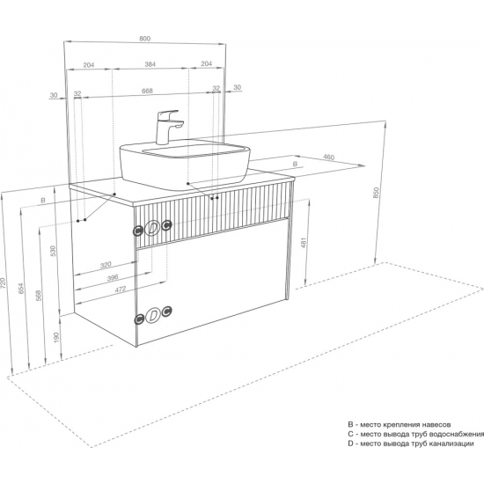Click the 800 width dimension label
click(145, 39)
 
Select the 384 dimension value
click(150, 64)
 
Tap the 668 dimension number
click(147, 91)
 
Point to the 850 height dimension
click(376, 193)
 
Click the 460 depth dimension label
click(329, 158)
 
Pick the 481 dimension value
click(303, 243)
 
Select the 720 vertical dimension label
click(3, 282)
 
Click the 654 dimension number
click(21, 288)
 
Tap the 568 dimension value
click(38, 296)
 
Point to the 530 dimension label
click(53, 252)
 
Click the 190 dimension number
click(56, 337)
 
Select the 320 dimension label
click(106, 265)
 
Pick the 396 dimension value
click(113, 277)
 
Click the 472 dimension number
click(121, 290)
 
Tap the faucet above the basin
click(168, 127)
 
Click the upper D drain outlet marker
click(152, 228)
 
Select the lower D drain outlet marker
click(153, 315)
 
